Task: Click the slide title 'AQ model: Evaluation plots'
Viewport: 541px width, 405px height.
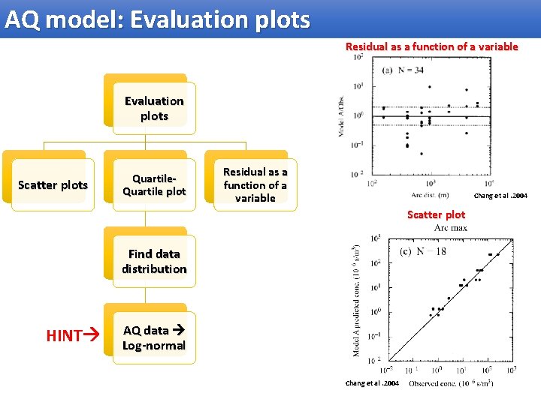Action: [x=156, y=19]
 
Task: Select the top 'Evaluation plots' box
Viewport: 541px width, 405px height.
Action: [x=154, y=109]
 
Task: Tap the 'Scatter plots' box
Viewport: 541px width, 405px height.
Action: [x=53, y=185]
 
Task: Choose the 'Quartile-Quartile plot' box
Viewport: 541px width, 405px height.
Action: [x=154, y=185]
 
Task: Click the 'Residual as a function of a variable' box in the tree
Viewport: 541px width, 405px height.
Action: [x=255, y=185]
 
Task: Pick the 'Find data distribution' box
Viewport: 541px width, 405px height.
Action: [x=154, y=262]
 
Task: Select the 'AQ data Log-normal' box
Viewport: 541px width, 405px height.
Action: [x=154, y=338]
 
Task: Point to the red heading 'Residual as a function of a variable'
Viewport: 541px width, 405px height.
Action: [x=431, y=46]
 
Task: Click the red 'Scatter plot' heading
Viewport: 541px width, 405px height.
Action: [x=436, y=214]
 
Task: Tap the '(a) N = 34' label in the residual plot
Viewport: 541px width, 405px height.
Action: [x=403, y=70]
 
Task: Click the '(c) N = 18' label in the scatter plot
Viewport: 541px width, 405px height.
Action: [x=422, y=251]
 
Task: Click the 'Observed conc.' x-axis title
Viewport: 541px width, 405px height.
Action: [x=451, y=383]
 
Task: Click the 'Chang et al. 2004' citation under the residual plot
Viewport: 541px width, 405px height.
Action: [x=500, y=196]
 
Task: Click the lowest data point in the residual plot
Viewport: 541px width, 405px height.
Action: [x=421, y=153]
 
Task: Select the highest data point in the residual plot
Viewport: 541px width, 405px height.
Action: [x=429, y=87]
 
